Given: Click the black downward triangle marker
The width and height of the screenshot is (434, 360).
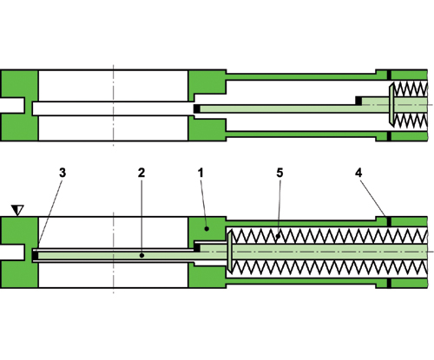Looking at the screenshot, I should click(x=17, y=209).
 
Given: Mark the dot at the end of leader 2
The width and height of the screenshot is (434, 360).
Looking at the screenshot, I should click(x=140, y=255).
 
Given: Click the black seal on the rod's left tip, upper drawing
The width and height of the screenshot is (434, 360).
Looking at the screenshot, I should click(x=197, y=108).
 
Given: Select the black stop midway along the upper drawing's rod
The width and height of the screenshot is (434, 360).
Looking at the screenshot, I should click(x=358, y=101).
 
